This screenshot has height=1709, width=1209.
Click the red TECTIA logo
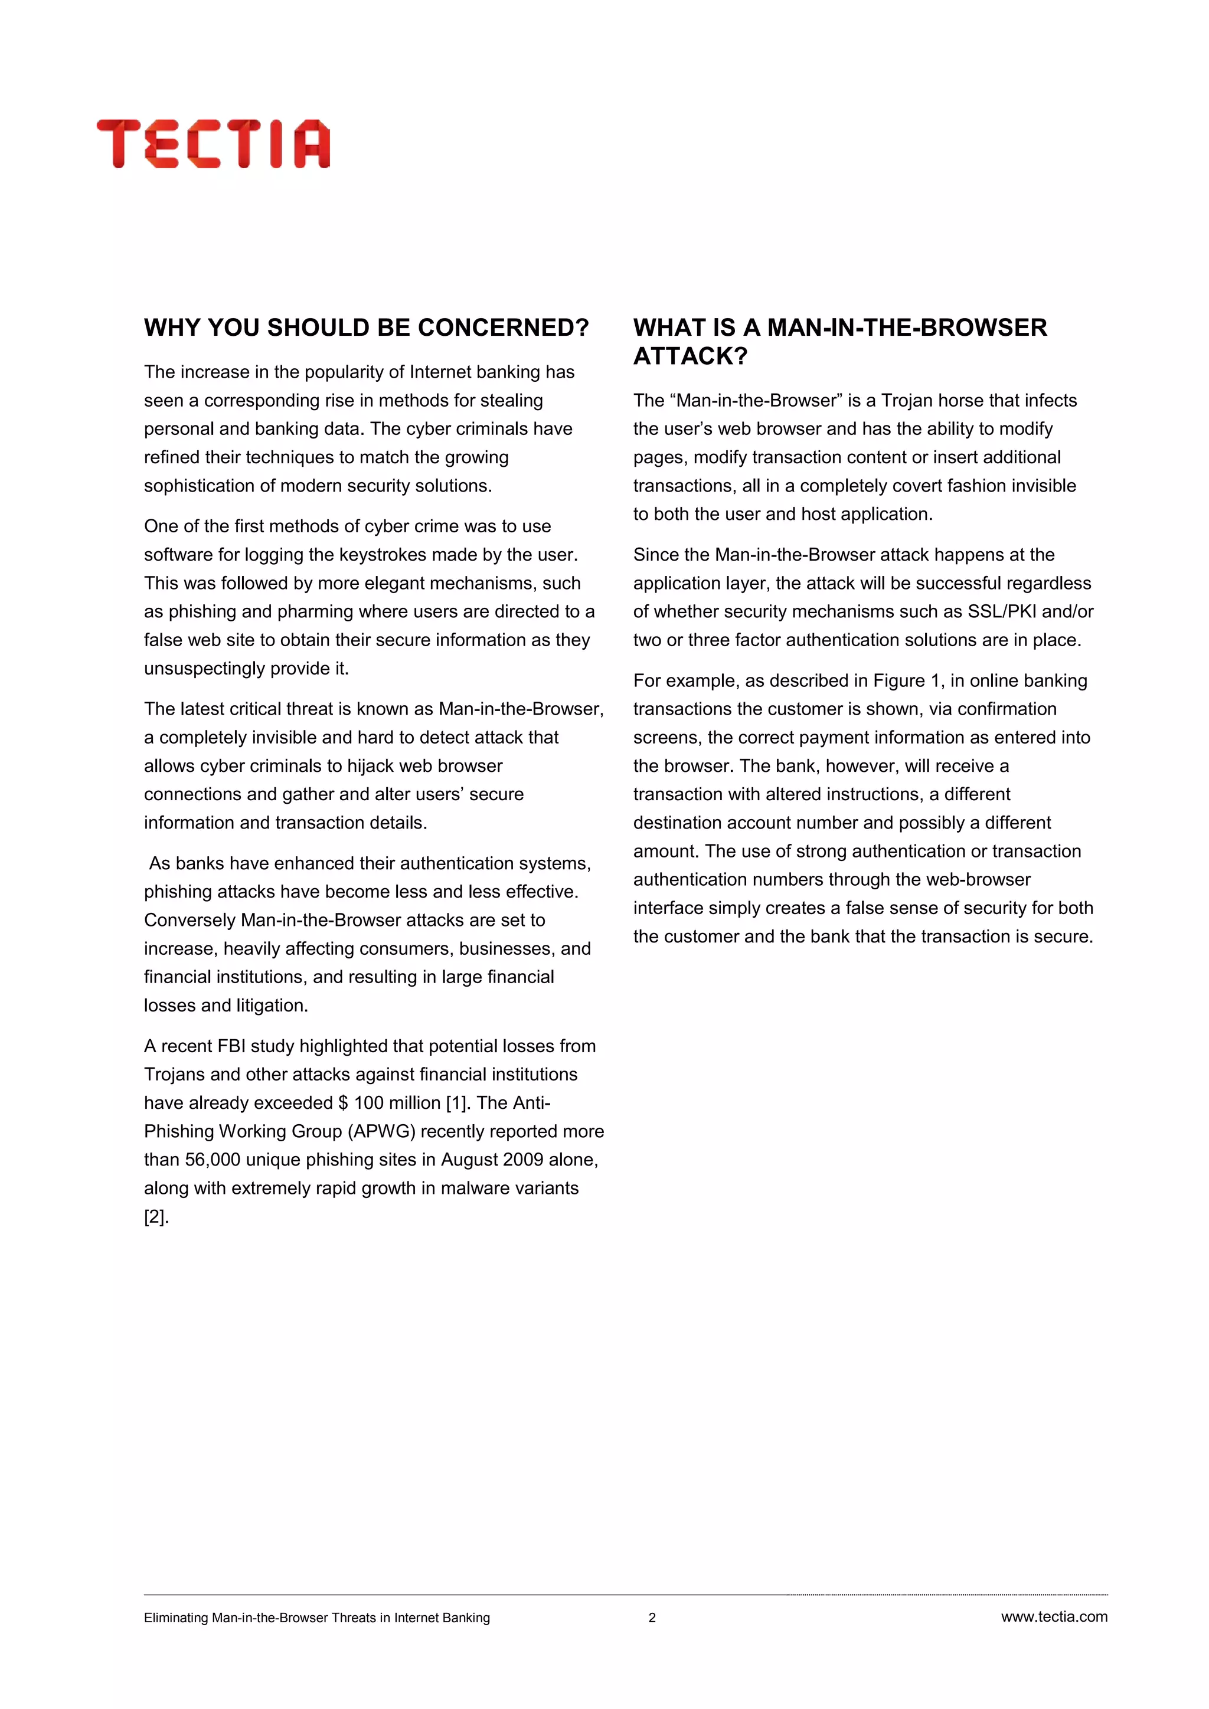coord(213,143)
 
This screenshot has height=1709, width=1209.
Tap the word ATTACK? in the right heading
coord(690,356)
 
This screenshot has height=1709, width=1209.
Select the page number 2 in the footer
coord(652,1618)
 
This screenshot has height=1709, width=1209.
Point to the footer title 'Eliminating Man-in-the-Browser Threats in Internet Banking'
coord(316,1618)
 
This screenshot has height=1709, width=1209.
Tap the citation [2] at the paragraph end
coord(156,1217)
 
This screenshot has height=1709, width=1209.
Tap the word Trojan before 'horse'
coord(906,401)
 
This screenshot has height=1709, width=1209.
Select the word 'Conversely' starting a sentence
coord(189,921)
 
